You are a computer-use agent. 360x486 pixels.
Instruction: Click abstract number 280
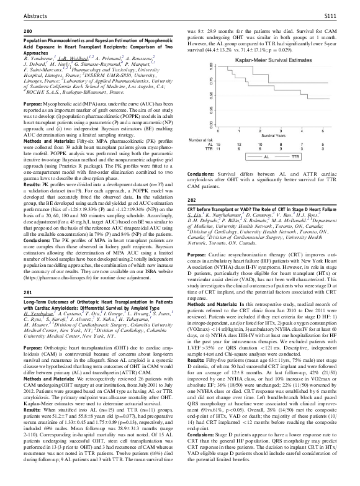click(x=27, y=30)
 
